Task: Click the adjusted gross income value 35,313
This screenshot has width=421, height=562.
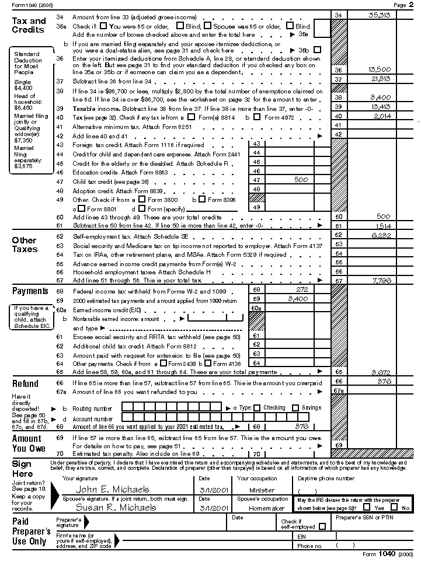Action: (x=380, y=14)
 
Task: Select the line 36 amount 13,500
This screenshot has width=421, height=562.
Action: (x=380, y=70)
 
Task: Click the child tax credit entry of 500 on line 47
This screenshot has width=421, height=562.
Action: (x=301, y=180)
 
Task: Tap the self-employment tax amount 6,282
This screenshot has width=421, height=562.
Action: (x=380, y=235)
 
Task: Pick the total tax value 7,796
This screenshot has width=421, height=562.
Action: (x=380, y=281)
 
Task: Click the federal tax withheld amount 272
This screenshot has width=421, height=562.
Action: (x=302, y=289)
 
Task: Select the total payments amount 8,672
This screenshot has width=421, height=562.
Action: (x=380, y=372)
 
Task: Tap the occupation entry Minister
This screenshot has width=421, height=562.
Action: (x=262, y=490)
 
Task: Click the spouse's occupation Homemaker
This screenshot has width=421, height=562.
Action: (x=262, y=508)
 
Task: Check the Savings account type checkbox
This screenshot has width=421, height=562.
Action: (x=295, y=408)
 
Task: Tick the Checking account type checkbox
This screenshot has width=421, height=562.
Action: (x=257, y=408)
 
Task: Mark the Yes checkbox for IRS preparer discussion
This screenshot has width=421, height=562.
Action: (x=367, y=507)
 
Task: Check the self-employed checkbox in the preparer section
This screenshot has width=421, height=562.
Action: (x=322, y=527)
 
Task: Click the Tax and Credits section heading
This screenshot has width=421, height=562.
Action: (x=29, y=25)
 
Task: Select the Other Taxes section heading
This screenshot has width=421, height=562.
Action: (x=25, y=245)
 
